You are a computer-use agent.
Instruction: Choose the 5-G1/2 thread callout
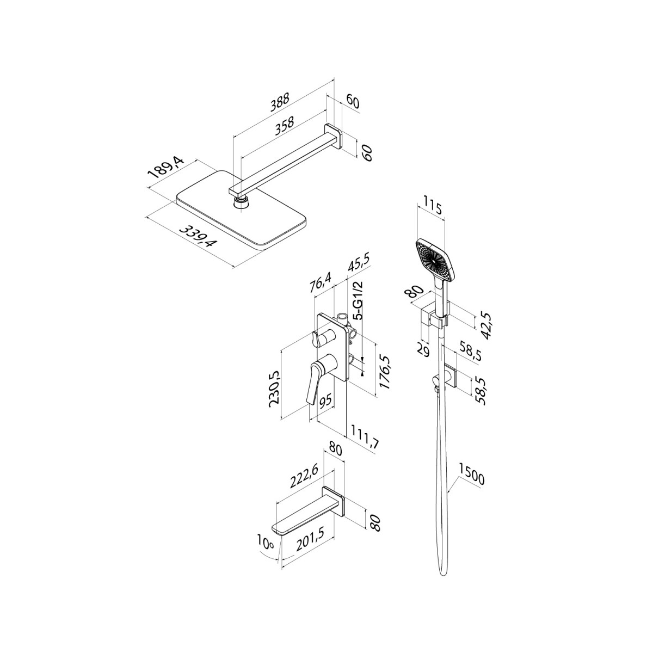359,301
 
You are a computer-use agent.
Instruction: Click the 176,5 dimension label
385,375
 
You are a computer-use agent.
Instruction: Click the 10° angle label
267,543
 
